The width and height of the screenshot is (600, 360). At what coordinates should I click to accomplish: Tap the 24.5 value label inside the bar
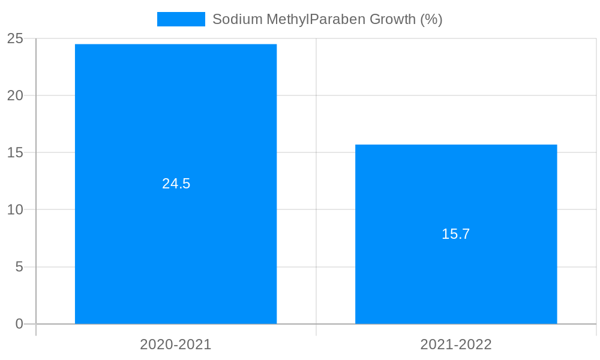coord(176,184)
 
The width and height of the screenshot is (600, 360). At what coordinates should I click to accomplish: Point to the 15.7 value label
coord(456,234)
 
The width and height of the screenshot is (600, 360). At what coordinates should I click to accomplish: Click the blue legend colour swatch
coord(181,19)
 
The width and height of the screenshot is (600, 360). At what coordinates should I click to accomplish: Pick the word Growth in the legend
coord(392,19)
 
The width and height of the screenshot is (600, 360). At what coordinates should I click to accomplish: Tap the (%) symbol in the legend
coord(431,19)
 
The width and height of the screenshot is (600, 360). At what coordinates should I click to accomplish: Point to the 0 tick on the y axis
coord(19,324)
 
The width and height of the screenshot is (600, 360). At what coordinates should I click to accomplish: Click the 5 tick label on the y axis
coord(19,267)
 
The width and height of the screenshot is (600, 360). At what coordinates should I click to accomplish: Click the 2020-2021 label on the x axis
coord(176,344)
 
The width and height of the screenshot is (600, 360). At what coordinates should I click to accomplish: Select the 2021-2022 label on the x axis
coord(456,344)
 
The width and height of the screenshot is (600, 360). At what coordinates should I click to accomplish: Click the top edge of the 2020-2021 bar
coord(176,44)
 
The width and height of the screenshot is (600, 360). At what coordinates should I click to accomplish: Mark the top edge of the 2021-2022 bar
coord(456,145)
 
